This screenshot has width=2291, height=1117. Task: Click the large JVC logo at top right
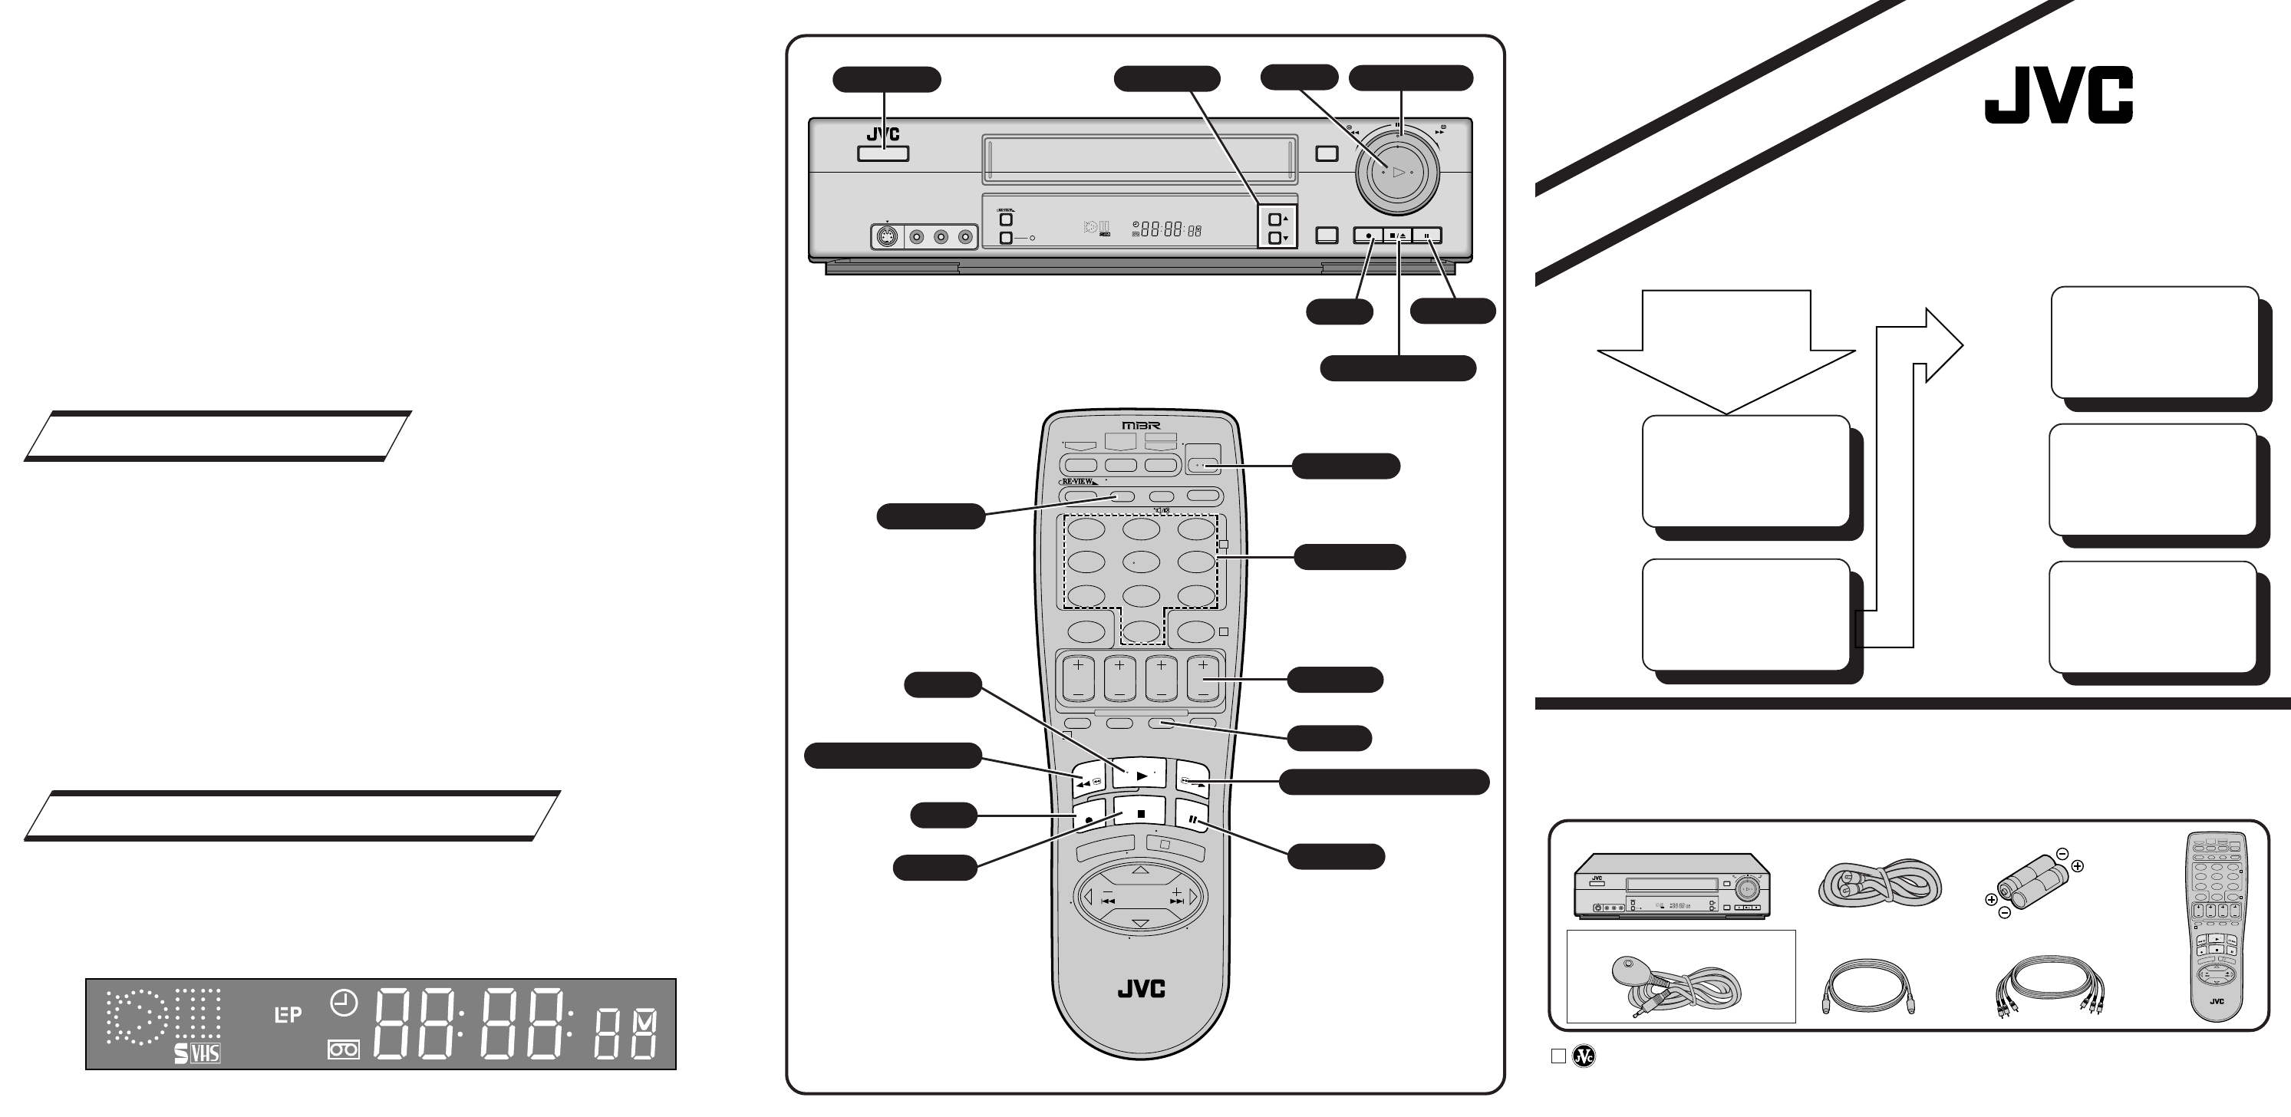(x=2058, y=95)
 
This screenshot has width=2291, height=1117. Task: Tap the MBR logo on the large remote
(x=1141, y=426)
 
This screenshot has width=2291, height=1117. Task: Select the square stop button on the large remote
(x=1141, y=813)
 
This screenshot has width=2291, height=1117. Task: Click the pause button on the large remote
(x=1192, y=819)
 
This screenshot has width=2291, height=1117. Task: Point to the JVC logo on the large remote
(x=1141, y=988)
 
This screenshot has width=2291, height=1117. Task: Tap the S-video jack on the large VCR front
(x=886, y=238)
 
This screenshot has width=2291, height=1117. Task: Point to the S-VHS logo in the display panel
(x=197, y=1053)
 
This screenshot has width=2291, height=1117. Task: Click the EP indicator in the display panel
(x=287, y=1014)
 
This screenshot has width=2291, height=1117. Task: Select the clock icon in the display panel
(x=343, y=1004)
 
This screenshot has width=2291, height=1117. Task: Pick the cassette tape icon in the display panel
(x=343, y=1050)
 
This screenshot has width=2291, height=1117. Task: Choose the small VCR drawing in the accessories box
(x=1672, y=885)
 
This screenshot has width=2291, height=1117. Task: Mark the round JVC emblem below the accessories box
(x=1584, y=1056)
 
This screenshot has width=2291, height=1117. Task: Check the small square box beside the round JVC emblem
(x=1558, y=1056)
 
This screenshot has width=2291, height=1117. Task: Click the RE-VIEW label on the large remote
(x=1078, y=481)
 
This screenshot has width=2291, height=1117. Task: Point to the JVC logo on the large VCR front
(x=883, y=135)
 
